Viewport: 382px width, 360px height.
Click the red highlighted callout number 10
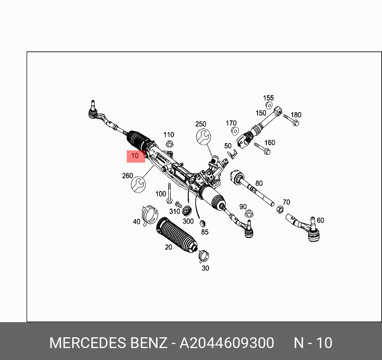click(x=135, y=156)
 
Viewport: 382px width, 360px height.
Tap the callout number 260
click(x=127, y=175)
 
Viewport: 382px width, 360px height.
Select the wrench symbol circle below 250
click(x=203, y=136)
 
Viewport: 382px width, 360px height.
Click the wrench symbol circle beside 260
click(x=138, y=184)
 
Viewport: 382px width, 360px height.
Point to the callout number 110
click(x=169, y=135)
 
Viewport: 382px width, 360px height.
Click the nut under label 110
click(x=169, y=144)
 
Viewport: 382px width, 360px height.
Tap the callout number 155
click(x=268, y=98)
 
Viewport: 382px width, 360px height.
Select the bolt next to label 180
click(x=292, y=120)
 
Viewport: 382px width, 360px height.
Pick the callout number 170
click(x=231, y=123)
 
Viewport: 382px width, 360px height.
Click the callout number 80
click(x=259, y=183)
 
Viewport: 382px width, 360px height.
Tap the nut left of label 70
click(x=280, y=210)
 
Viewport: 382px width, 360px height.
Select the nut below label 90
click(x=249, y=214)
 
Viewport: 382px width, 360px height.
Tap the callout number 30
click(x=205, y=268)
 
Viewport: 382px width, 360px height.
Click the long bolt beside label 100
click(x=169, y=193)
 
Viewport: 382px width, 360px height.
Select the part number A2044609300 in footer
click(x=227, y=343)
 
